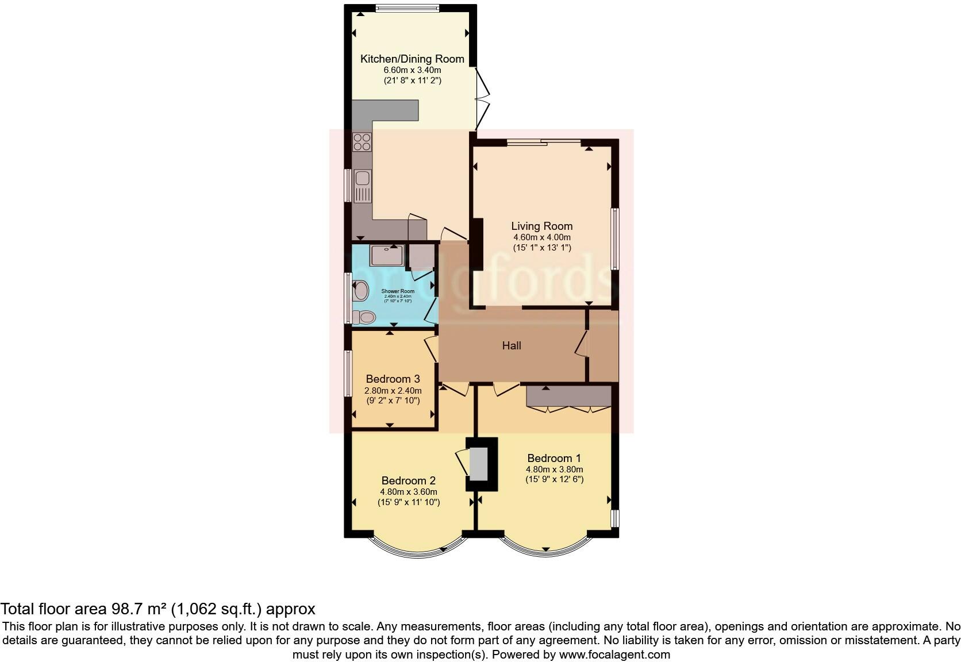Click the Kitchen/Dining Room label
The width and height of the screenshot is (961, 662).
[412, 59]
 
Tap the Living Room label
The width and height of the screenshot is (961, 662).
[542, 226]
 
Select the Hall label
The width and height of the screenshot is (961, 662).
[512, 345]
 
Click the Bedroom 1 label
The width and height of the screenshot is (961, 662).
[554, 458]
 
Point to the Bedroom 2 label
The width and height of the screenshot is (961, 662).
[409, 480]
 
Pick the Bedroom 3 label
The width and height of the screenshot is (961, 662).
[393, 379]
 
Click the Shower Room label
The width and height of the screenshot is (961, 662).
[398, 291]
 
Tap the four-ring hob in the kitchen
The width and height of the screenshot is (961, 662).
[362, 142]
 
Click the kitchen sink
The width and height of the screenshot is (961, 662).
[362, 186]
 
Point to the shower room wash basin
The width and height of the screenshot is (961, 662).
[361, 290]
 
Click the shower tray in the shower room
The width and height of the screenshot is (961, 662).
[387, 255]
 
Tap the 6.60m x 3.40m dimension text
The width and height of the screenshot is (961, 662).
[412, 70]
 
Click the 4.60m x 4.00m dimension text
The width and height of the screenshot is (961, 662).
[542, 237]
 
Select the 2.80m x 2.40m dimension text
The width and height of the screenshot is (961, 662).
[393, 390]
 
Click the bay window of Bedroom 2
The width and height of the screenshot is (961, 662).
[417, 546]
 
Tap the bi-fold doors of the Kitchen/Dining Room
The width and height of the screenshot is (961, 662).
[483, 98]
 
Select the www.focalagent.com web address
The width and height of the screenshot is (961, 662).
[614, 654]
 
